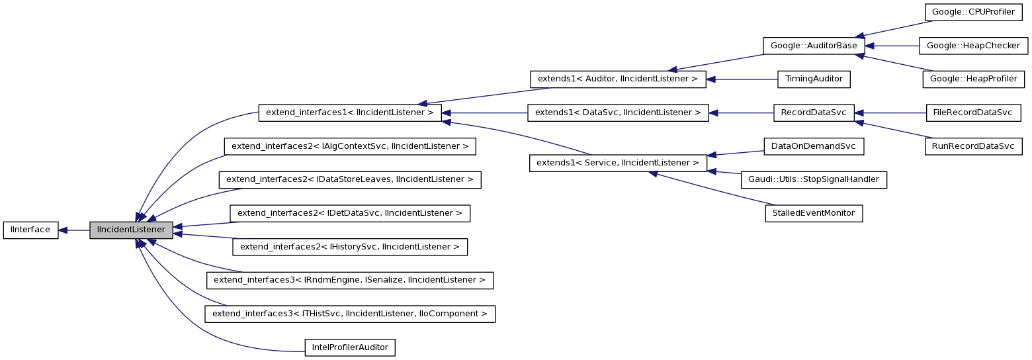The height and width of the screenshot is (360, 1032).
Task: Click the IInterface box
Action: coord(31,230)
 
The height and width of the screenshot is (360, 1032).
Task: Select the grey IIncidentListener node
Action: coord(131,230)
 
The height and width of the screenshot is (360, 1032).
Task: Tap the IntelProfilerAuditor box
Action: coord(349,347)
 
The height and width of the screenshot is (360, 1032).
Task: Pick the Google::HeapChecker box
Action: coord(974,46)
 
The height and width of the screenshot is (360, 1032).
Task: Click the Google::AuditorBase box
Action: coord(813,46)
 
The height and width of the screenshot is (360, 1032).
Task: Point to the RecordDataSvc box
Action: coord(814,112)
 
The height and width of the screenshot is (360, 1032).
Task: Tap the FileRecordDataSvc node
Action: coord(973,112)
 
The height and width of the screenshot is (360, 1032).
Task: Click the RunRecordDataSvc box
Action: coord(973,146)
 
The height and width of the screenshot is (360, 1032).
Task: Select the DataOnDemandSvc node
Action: coord(814,146)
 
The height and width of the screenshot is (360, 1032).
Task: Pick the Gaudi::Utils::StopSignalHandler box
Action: coord(814,180)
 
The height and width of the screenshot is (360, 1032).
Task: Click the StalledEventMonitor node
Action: coord(814,214)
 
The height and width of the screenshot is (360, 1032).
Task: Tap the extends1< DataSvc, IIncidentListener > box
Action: coord(617,112)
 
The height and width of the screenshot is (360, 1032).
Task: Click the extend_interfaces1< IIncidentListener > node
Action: coord(349,112)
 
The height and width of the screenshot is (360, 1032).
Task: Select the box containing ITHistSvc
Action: coord(349,314)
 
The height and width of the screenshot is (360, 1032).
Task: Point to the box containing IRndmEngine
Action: coord(349,280)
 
